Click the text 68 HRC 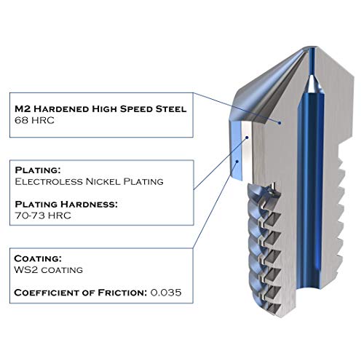34,120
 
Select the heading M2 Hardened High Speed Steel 100,109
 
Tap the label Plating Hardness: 66,205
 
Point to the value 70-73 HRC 43,215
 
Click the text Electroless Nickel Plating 89,181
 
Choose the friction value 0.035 166,293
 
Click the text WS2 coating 49,270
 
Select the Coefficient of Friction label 81,293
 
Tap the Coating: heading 38,258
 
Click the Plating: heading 38,170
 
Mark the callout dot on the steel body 280,123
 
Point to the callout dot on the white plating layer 247,138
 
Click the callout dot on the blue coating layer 238,161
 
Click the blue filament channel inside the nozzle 311,170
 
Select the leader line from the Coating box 215,205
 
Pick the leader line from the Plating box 221,163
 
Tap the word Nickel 103,181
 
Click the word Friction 122,293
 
